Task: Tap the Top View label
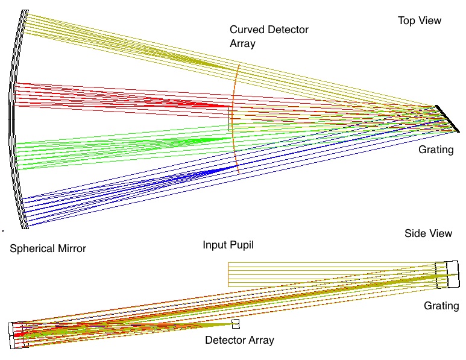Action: click(420, 21)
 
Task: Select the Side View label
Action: click(429, 233)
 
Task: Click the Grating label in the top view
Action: click(436, 150)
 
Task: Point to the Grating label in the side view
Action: click(441, 306)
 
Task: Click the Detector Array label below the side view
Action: click(239, 340)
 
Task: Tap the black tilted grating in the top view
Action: click(447, 118)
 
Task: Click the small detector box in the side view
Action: click(236, 324)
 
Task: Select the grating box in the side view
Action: click(447, 274)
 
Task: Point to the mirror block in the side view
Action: click(17, 336)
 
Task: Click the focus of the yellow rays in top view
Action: click(199, 60)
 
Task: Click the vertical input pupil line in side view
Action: click(228, 274)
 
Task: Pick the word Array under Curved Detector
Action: click(243, 43)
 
